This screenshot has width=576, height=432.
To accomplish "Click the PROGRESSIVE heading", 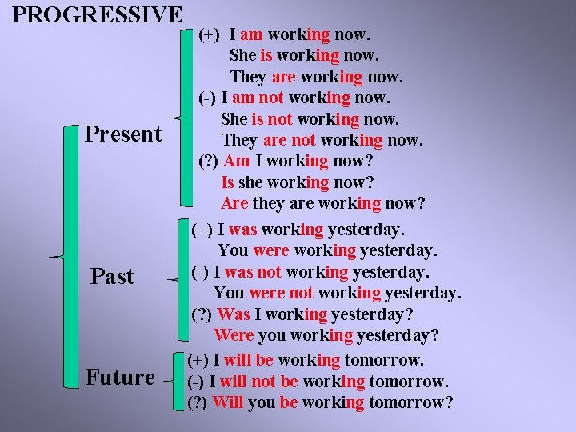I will coord(98,14).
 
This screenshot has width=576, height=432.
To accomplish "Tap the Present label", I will coord(123,134).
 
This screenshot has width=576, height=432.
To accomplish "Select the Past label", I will coord(112,277).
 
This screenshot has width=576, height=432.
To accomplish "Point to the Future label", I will coord(120,377).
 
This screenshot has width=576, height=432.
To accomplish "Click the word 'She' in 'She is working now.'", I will coord(243,56).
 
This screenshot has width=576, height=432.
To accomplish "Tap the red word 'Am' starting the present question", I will coord(237,161).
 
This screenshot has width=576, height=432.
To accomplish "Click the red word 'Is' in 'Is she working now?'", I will coord(228,182).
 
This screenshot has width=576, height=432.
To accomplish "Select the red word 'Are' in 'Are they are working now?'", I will coord(235,203).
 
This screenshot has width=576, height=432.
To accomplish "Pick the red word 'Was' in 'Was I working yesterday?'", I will coord(234,314).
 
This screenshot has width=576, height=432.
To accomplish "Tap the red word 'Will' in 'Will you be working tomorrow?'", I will coord(228,402).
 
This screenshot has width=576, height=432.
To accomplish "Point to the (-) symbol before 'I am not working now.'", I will coord(206,98).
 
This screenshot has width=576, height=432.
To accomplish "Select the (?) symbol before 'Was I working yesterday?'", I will coord(202,314).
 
